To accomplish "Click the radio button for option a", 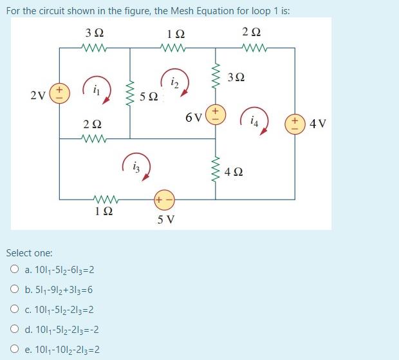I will click(x=14, y=270).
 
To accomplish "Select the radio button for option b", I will click(x=14, y=290).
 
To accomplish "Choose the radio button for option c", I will click(x=14, y=310).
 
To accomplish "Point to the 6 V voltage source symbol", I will click(x=216, y=117).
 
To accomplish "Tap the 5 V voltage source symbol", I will click(x=163, y=200).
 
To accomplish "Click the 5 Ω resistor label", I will click(x=148, y=97).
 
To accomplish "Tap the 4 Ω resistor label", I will click(x=236, y=173).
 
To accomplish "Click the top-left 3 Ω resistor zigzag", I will click(x=94, y=48).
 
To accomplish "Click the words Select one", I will click(x=29, y=253).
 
